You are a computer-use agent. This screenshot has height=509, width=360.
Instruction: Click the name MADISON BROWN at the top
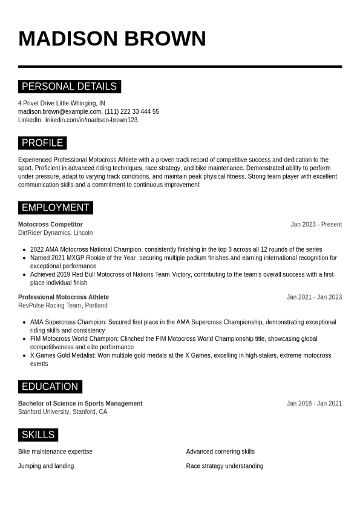click(x=112, y=39)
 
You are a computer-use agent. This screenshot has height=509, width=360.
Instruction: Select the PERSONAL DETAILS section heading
click(x=69, y=87)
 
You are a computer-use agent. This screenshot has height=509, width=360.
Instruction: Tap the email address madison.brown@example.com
click(x=59, y=111)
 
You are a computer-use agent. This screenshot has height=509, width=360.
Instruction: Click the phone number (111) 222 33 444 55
click(x=132, y=111)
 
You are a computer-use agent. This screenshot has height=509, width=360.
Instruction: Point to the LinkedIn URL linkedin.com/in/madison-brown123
click(x=91, y=120)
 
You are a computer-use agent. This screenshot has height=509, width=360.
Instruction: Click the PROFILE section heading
click(x=42, y=143)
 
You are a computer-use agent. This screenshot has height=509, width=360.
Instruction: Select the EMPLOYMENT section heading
click(x=55, y=208)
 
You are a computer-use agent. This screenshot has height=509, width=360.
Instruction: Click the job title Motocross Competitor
click(x=50, y=225)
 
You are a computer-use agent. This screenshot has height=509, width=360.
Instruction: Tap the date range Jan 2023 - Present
click(x=316, y=225)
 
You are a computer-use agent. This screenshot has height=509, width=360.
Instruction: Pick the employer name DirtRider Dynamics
click(x=44, y=233)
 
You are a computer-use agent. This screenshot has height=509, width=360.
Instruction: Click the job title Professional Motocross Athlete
click(x=64, y=297)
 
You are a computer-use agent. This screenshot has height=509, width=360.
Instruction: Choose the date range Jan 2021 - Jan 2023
click(x=314, y=297)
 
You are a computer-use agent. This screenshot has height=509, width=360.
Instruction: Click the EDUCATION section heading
click(x=50, y=387)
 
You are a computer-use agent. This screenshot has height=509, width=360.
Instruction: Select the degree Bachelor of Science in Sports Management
click(x=80, y=404)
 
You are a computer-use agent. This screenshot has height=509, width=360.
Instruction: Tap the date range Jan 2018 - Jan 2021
click(x=314, y=404)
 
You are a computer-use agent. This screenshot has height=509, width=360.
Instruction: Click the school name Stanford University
click(x=44, y=412)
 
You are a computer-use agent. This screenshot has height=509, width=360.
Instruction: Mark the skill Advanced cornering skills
click(x=220, y=452)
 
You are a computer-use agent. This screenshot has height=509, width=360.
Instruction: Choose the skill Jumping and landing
click(x=46, y=466)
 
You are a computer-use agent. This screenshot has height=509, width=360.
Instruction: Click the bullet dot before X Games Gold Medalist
click(x=24, y=356)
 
